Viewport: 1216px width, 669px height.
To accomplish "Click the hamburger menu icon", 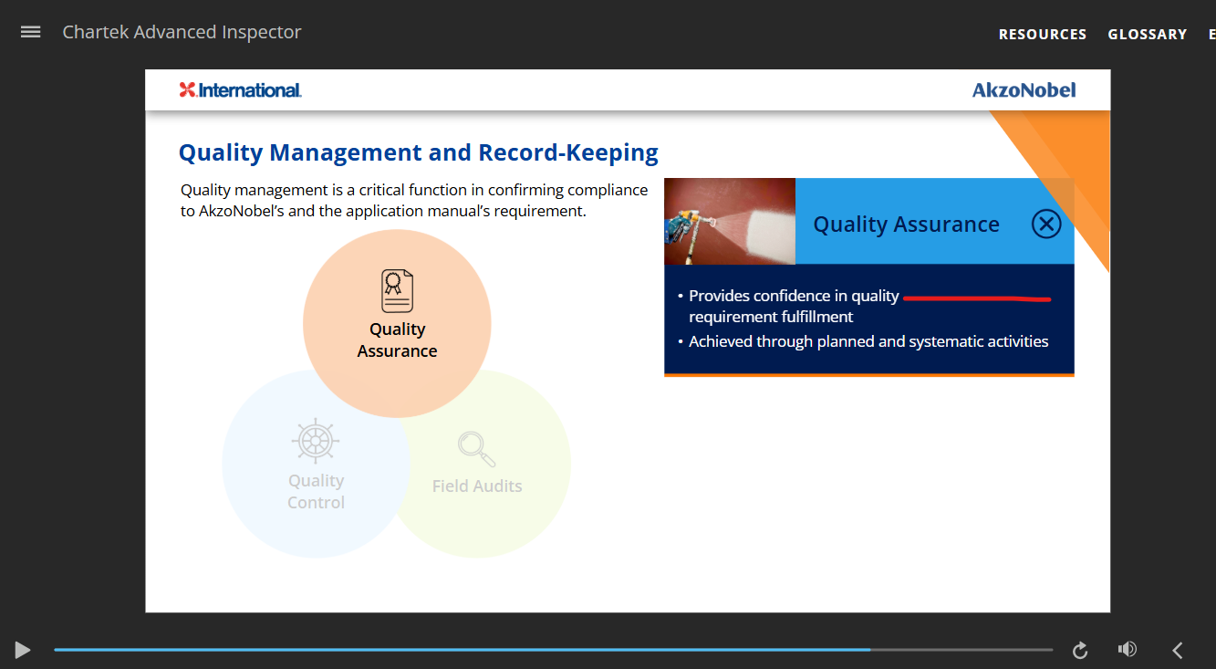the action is click(30, 32).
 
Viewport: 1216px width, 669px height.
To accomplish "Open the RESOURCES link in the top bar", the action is click(1043, 34).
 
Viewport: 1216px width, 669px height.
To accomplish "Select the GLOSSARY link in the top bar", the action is click(1147, 34).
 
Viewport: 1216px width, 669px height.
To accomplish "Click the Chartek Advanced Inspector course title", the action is click(182, 32).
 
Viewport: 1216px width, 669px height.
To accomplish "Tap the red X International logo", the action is click(240, 90).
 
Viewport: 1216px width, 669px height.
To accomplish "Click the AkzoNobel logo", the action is click(1024, 90).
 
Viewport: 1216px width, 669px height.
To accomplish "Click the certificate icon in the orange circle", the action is click(397, 290).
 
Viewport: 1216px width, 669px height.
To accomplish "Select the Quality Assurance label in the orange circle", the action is click(397, 340).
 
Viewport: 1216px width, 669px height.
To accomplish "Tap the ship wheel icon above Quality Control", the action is click(316, 441).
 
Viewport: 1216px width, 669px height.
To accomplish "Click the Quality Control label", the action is click(316, 491).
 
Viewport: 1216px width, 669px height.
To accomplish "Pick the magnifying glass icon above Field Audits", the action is click(476, 449).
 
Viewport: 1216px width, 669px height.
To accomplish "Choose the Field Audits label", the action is click(477, 486).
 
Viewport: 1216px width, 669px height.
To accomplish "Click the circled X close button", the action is click(1046, 224).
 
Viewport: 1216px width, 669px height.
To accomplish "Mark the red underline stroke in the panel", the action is click(977, 298).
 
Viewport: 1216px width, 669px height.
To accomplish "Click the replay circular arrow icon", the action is click(1080, 650).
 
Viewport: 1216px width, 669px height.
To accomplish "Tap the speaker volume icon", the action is click(1128, 650).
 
